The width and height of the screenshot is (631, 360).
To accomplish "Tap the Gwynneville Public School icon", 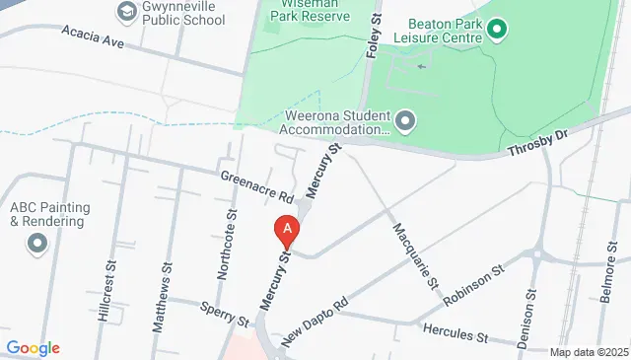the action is tap(126, 12).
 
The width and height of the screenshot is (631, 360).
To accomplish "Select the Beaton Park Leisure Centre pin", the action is tap(496, 30).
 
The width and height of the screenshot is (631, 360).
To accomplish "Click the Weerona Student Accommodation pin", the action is tap(405, 120).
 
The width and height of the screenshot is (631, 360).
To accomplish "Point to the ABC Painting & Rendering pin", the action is tap(38, 242).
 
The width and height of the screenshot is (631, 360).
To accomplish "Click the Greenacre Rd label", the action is tap(257, 183).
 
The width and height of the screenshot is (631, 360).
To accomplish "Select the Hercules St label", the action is tap(456, 332).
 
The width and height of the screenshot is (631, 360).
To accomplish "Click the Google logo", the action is tap(33, 347).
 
